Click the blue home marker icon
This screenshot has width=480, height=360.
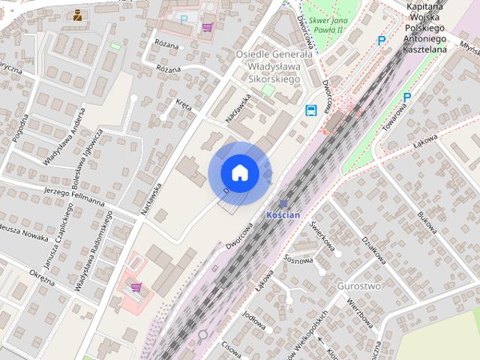[240, 173]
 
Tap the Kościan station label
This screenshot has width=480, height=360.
[283, 214]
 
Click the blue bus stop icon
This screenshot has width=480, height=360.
[310, 111]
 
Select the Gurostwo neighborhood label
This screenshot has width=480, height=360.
[359, 286]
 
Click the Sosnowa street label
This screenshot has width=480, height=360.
[298, 261]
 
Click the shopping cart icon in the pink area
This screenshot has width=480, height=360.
[136, 286]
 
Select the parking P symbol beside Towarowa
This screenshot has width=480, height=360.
[407, 97]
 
